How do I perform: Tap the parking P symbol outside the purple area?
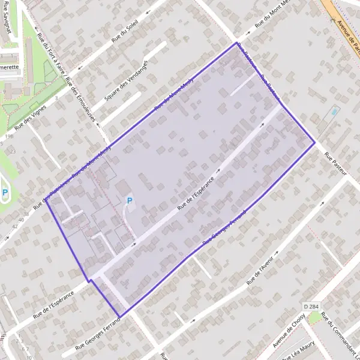(x=5, y=193)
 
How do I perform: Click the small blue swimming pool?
(x=334, y=112)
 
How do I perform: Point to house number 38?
(x=25, y=214)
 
